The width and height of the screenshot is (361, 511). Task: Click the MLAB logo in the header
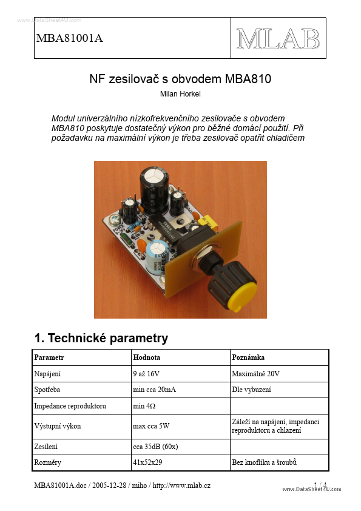pos(278,38)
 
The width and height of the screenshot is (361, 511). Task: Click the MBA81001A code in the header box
pos(70,38)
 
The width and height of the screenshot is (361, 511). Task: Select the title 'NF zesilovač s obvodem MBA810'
pos(180,79)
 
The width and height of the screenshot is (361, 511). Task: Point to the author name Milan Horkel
pos(180,94)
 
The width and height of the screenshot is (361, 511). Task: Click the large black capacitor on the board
pos(155,182)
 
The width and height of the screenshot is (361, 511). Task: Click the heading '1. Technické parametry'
pos(101,338)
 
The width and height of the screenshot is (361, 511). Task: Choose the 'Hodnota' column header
pos(147,357)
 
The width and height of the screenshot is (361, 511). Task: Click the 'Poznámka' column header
pos(248,357)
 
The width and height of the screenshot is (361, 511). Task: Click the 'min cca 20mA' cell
pos(154,390)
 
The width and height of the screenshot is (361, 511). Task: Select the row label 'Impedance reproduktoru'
pos(71,405)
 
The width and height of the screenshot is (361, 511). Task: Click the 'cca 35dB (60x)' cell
pos(155,447)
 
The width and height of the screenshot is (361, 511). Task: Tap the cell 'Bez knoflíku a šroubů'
pos(264,463)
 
